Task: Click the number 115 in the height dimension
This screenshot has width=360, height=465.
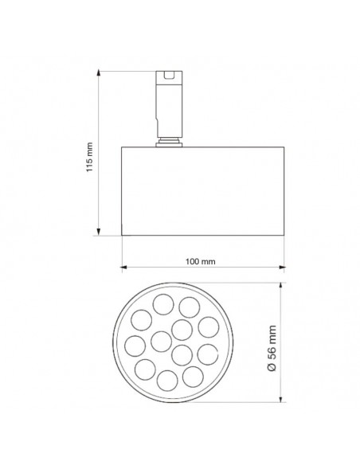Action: [90, 165]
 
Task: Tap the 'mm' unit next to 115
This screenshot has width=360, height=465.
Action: [90, 150]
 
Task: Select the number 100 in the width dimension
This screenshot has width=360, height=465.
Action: [192, 261]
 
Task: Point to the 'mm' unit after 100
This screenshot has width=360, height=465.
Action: [208, 262]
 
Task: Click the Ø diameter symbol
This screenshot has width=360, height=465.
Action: [272, 367]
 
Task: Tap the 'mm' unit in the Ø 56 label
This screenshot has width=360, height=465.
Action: [272, 334]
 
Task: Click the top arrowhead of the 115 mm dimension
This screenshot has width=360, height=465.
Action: [99, 73]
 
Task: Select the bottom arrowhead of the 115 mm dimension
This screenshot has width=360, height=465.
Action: [99, 232]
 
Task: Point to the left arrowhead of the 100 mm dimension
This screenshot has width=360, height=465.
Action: [124, 268]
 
